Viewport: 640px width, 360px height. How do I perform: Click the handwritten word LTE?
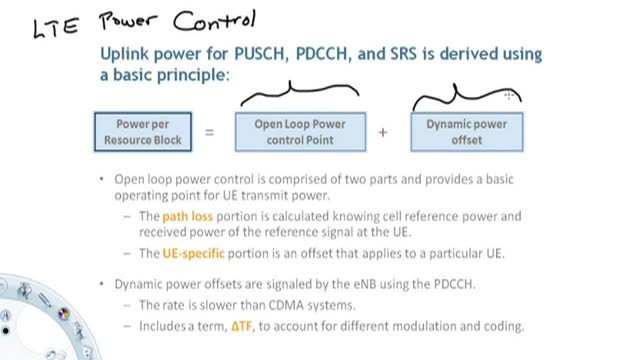(x=56, y=28)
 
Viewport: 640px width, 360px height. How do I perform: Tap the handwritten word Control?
(x=215, y=20)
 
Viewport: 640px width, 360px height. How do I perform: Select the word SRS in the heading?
(x=403, y=54)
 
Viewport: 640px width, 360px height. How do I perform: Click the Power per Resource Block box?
(x=143, y=132)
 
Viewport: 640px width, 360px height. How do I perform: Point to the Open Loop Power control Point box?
(x=300, y=132)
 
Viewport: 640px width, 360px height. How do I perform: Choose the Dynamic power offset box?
(x=467, y=132)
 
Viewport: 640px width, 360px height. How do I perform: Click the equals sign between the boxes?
(x=209, y=132)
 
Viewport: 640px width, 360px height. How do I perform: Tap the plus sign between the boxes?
(x=383, y=132)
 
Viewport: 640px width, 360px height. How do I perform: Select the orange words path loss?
(x=188, y=216)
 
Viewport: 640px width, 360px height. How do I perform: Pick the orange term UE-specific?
(x=193, y=253)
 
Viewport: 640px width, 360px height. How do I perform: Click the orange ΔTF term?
(x=241, y=326)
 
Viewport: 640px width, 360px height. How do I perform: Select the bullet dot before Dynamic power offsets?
(x=102, y=284)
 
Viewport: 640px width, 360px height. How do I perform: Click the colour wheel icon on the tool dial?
(x=63, y=313)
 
